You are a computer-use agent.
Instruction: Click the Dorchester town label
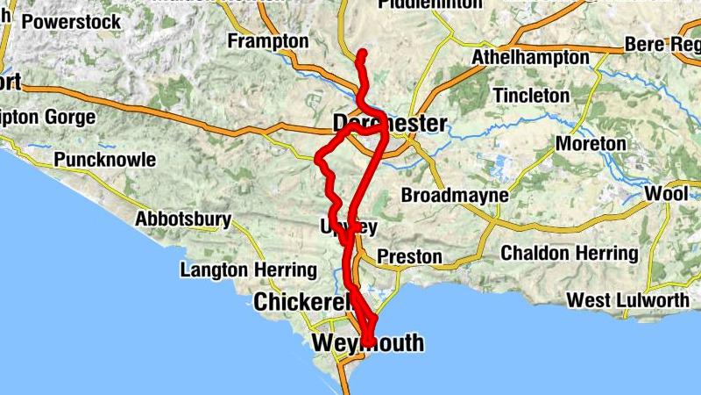(390, 123)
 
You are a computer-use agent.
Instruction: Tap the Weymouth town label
(368, 342)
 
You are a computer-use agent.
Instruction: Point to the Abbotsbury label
(183, 219)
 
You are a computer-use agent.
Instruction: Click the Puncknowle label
(104, 160)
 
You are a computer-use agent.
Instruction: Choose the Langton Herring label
(248, 270)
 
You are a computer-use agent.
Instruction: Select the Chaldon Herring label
(570, 254)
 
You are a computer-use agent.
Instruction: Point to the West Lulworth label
(627, 300)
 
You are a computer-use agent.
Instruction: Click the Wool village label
(666, 193)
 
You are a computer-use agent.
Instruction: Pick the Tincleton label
(531, 94)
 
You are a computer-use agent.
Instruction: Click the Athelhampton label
(530, 57)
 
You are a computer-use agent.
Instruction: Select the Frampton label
(268, 41)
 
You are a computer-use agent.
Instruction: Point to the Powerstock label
(72, 22)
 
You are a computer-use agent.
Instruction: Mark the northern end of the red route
(362, 54)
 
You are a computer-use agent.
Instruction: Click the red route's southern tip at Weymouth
(369, 342)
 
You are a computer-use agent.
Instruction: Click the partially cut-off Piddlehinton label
(430, 4)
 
